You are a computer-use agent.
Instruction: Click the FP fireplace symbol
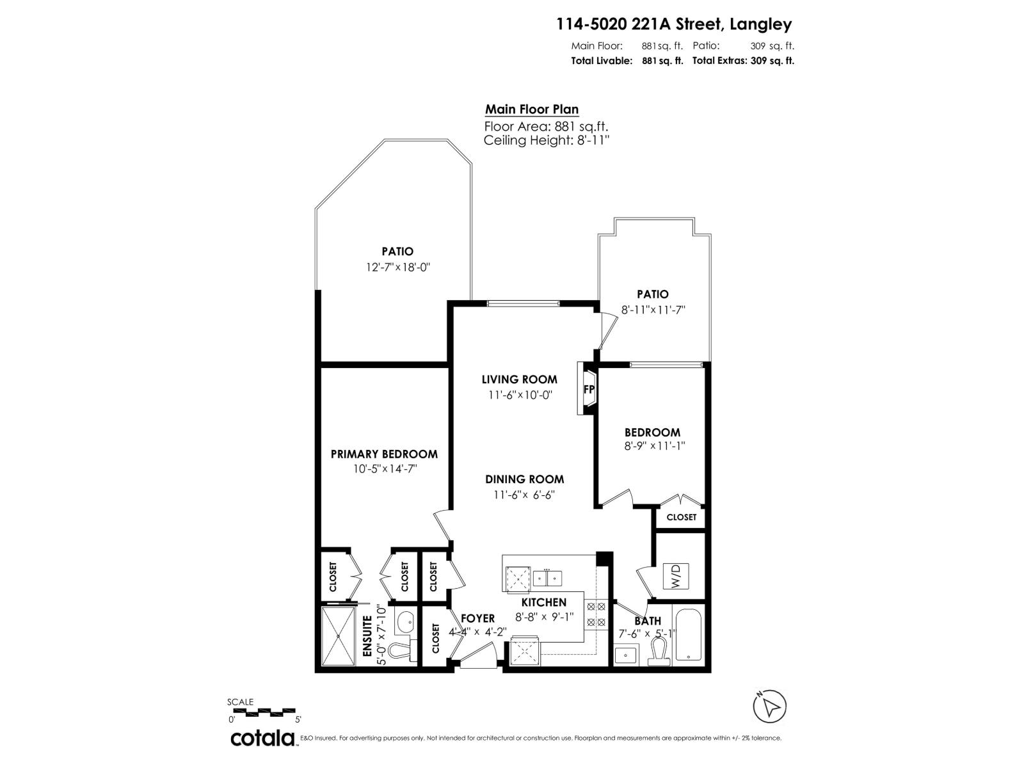tap(589, 389)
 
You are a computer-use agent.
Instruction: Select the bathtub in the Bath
tap(689, 635)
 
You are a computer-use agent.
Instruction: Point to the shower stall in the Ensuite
tap(337, 637)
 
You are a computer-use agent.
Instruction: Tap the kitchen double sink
tap(548, 578)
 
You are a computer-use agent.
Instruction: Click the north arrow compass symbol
tap(770, 707)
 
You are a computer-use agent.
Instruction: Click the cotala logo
tap(262, 738)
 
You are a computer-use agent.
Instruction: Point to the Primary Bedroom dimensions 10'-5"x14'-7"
tap(385, 468)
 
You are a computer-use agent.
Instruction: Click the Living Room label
tap(519, 380)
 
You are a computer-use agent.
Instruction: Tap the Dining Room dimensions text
tap(524, 495)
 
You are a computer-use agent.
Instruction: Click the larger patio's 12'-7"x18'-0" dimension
tap(397, 268)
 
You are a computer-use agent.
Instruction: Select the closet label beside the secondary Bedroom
tap(681, 517)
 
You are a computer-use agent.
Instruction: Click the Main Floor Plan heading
tap(532, 109)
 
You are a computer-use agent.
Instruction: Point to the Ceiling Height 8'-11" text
tap(546, 141)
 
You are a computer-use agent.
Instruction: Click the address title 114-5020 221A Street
tap(674, 24)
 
